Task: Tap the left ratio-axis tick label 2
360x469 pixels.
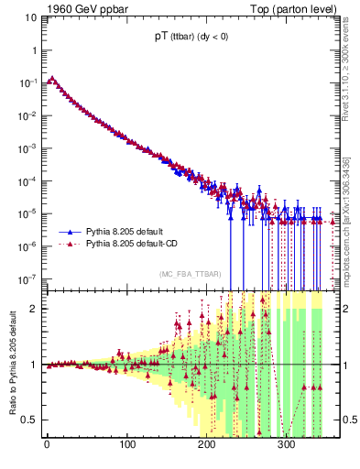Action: click(x=35, y=309)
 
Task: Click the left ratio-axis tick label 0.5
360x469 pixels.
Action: click(x=31, y=420)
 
